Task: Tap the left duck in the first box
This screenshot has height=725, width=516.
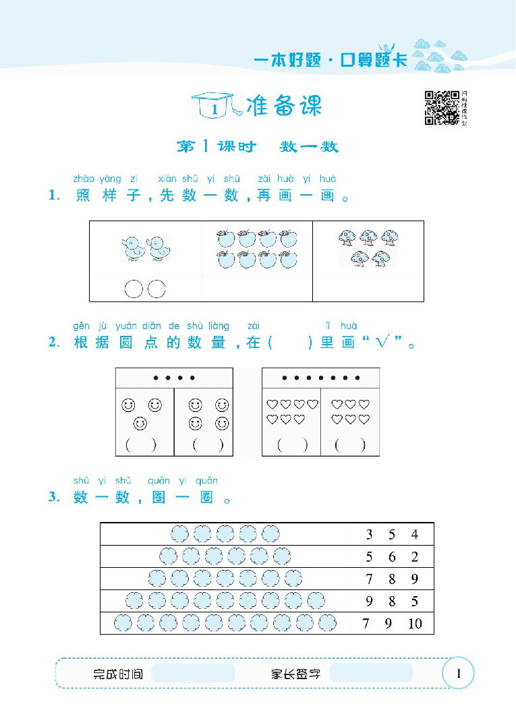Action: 134,249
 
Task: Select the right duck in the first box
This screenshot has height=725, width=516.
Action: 159,249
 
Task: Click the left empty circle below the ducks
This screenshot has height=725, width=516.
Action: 134,289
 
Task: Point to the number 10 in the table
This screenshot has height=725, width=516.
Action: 415,623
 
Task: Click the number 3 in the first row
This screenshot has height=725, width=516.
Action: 369,535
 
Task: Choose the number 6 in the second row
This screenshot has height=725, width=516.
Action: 392,557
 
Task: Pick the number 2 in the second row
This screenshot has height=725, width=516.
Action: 415,557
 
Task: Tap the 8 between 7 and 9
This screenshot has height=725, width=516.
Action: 392,579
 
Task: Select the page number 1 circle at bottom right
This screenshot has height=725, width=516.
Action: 459,673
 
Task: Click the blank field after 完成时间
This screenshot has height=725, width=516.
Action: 194,673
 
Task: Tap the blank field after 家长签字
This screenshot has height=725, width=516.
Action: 371,673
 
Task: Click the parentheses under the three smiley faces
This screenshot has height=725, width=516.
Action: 140,444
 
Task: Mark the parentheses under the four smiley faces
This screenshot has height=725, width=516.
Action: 208,444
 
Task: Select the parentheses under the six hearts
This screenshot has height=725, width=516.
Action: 350,444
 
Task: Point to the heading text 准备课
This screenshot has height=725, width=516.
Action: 285,106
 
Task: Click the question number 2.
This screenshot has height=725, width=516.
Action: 55,343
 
